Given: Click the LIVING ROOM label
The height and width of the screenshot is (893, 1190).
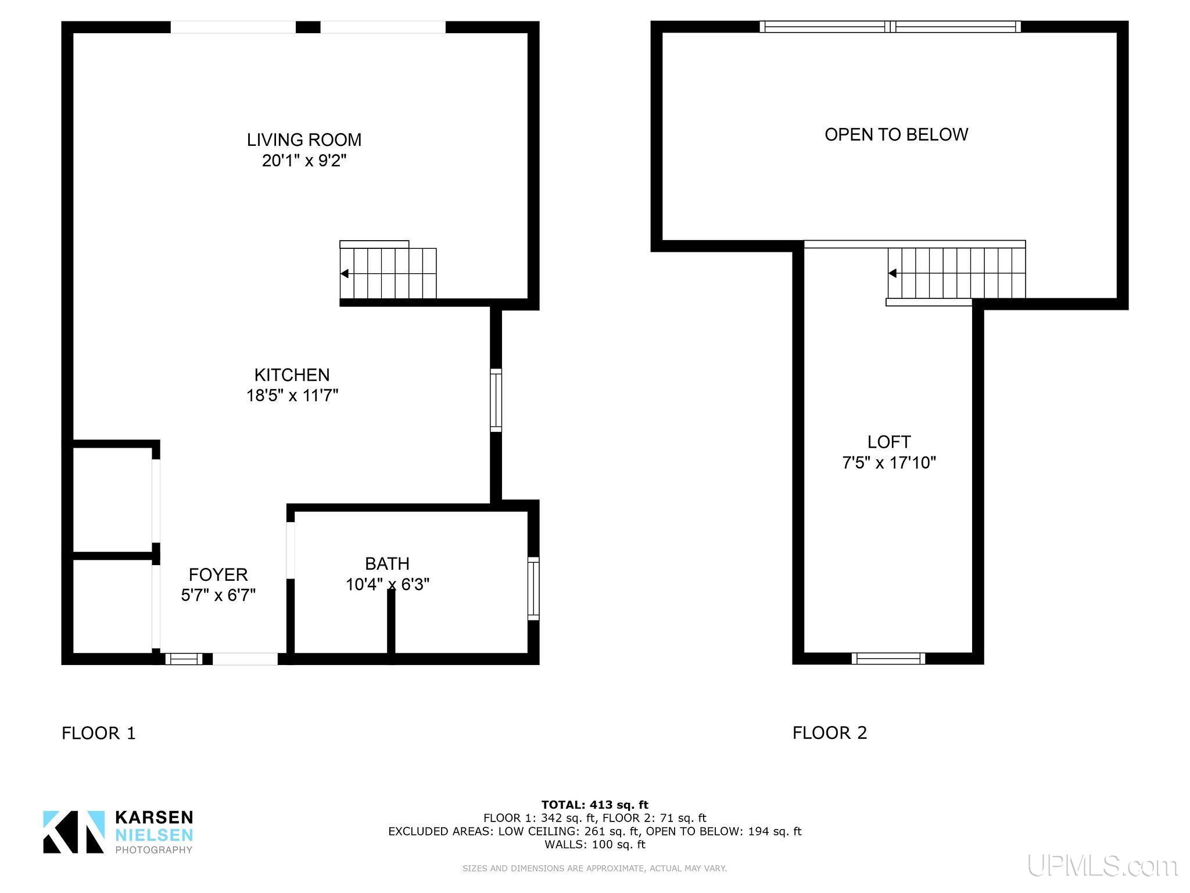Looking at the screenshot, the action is tap(304, 140).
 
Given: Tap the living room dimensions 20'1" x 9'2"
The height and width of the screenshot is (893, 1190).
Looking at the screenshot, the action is tap(304, 160).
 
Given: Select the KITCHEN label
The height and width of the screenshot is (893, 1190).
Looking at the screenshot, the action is tap(292, 375).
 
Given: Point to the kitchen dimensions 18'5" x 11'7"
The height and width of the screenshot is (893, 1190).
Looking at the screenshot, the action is tap(292, 395).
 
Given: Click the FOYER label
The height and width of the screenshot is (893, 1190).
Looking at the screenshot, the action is tap(218, 574).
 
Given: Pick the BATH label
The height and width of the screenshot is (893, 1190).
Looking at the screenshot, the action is tap(387, 563).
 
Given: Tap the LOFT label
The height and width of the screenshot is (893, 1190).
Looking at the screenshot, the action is tap(889, 442).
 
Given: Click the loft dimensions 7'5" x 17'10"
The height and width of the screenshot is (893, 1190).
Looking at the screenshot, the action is tap(889, 463).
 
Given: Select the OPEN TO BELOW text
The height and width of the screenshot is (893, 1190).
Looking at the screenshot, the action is tap(896, 134).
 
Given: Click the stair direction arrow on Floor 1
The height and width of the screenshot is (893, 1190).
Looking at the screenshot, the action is tap(345, 273).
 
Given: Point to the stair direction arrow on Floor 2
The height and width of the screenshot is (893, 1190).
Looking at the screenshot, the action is tap(892, 273).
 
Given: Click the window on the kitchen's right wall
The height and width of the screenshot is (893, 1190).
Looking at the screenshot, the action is tap(496, 400).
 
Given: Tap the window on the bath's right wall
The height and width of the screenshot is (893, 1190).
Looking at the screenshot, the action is tap(533, 588).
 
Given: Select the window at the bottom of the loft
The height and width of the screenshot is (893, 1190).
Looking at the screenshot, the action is tap(888, 658).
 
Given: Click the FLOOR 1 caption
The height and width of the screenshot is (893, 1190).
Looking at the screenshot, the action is tap(99, 733).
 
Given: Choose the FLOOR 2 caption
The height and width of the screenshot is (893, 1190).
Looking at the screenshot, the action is tap(830, 733).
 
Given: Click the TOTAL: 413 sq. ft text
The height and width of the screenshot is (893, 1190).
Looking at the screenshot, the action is tap(595, 805).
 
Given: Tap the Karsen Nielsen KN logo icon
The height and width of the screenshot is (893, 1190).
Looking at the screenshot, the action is tap(74, 832).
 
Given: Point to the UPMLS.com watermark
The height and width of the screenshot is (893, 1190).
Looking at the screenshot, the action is tap(1102, 866).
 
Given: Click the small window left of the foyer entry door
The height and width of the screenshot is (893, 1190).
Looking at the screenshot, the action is tap(184, 659).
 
